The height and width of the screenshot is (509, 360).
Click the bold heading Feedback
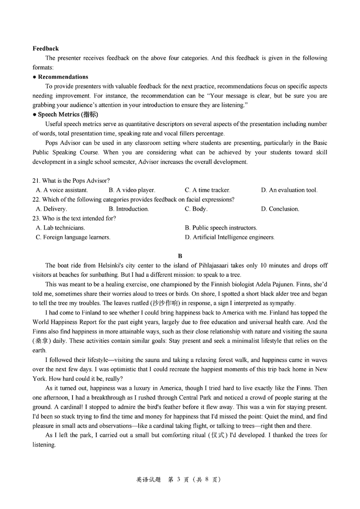[x=45, y=49]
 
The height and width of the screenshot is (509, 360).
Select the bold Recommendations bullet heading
[x=63, y=77]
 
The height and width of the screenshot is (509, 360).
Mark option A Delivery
[x=51, y=209]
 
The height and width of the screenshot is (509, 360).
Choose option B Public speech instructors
[x=221, y=228]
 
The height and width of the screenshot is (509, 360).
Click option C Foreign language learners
[x=73, y=237]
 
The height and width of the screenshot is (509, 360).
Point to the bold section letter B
[x=180, y=256]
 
